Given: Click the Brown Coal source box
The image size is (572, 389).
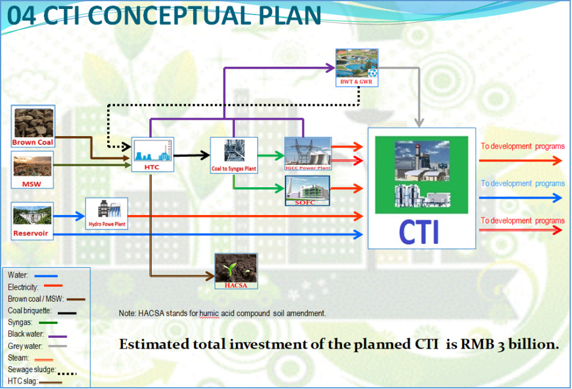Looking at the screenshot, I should tap(33, 126).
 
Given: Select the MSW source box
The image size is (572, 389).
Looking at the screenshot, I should tap(32, 170).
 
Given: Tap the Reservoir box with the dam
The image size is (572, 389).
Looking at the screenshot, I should tap(33, 220).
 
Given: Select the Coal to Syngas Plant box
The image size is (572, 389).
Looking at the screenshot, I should tap(234, 155).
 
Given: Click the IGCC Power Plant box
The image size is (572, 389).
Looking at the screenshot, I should tap(308, 154).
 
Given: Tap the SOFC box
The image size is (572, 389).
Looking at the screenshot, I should tap(308, 191).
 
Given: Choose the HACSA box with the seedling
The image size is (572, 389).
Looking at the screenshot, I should tap(236, 270).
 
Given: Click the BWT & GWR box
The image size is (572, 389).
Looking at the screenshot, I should tap(358, 68).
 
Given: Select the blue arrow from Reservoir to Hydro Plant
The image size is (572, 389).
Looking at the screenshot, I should tap(69, 216).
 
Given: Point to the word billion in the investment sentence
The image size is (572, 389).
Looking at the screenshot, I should tap(530, 344).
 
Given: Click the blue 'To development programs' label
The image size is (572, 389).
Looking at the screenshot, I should tap(522, 184).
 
